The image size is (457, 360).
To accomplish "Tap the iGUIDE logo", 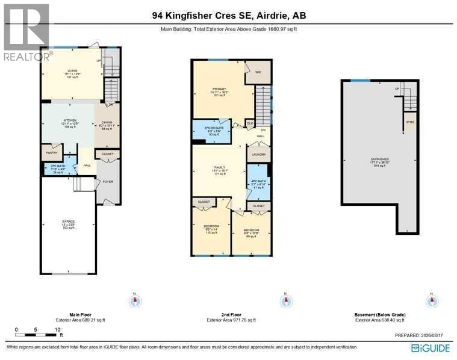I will tap(431, 348).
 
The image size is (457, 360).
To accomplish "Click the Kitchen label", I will tap(70, 123).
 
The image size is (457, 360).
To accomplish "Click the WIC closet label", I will tap(258, 72).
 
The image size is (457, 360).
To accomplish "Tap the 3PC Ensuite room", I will tap(210, 132).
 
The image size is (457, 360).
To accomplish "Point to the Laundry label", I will tap(259, 155).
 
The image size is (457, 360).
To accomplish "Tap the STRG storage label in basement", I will tap(410, 121).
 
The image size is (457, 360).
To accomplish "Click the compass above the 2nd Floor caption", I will tap(287, 300).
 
